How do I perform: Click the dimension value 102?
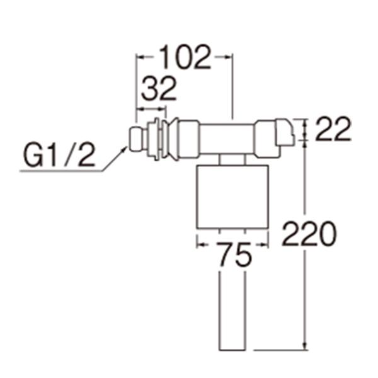coord(184,58)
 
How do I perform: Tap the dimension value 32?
coord(158,91)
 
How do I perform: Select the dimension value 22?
coord(333,131)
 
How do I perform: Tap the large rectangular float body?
coord(232,197)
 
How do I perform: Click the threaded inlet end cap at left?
coord(135,139)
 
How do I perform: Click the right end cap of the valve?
coord(283,134)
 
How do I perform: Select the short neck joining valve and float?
coord(232,160)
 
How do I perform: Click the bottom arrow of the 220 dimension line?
coord(305,345)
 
